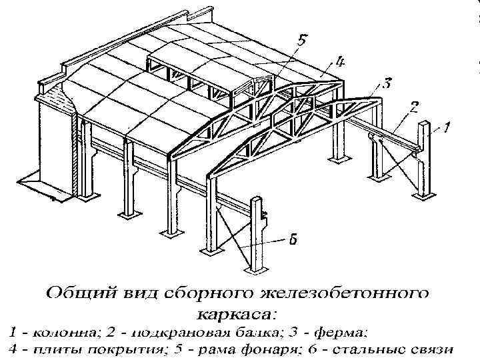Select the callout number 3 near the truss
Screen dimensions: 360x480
(x=386, y=84)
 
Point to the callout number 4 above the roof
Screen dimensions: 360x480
(x=339, y=63)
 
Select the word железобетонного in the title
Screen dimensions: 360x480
(x=336, y=293)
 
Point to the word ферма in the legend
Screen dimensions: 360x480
(x=343, y=331)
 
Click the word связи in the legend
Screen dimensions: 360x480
(x=429, y=349)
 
